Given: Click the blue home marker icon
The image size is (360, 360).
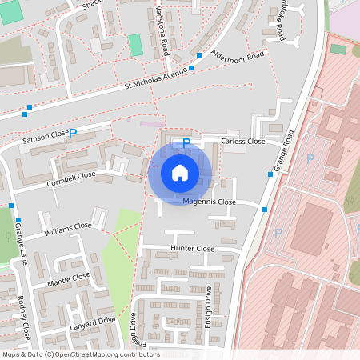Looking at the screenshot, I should (180, 172).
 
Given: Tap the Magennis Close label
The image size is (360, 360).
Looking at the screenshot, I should (209, 202).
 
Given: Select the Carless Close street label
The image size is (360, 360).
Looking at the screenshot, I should (242, 142).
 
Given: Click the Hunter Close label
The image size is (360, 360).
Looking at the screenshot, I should (193, 250).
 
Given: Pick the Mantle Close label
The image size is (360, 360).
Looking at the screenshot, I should (69, 278).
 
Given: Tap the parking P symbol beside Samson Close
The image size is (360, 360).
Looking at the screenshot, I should (74, 134).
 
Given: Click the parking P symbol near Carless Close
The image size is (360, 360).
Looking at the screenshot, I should (186, 143).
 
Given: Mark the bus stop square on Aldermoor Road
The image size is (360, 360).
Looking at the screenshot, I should (199, 54).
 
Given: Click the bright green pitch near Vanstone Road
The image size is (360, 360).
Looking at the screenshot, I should (135, 44).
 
